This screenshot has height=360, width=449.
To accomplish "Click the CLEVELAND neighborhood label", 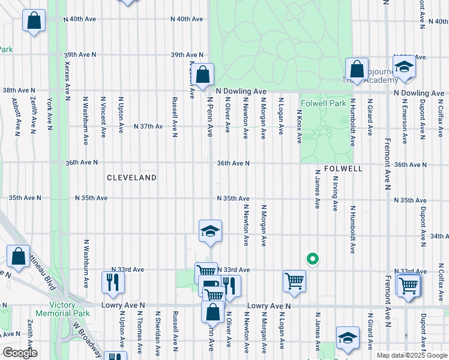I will [x=131, y=178].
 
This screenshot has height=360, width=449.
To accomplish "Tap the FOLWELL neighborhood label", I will [x=343, y=169].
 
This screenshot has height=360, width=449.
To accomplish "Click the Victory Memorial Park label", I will [x=63, y=309].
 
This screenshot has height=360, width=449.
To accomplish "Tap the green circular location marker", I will [x=312, y=260].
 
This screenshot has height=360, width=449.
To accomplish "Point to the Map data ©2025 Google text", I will [x=412, y=355].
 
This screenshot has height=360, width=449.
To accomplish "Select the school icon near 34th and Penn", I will [x=210, y=232].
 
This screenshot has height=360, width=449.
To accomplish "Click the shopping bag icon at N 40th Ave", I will [x=34, y=21].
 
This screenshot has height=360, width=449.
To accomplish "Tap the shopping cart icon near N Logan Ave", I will [x=294, y=281].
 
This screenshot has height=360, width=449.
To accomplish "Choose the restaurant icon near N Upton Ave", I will [x=112, y=281].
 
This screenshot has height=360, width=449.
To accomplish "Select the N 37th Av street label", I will [x=148, y=127].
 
